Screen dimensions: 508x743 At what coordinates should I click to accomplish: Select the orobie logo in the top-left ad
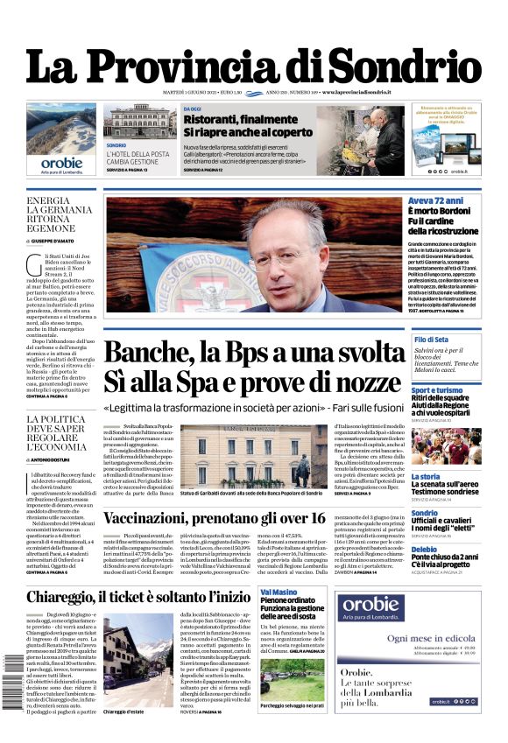[x=61, y=162]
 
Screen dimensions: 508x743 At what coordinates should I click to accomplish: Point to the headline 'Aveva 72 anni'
[x=435, y=201]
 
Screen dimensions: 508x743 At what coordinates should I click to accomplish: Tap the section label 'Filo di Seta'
[x=432, y=340]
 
